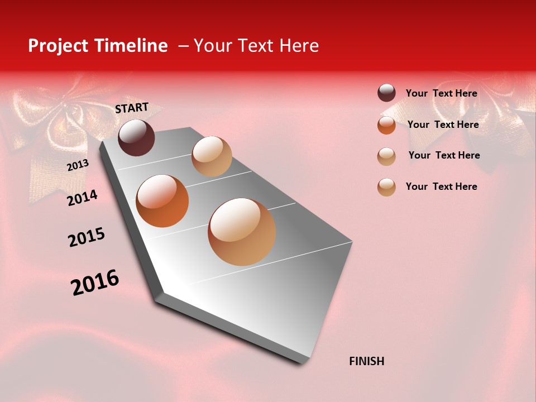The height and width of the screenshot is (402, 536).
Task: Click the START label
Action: click(132, 108)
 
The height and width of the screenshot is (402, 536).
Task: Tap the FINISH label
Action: click(366, 361)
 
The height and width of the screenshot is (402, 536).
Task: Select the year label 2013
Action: click(78, 165)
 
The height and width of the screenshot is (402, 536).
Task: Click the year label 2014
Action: click(82, 198)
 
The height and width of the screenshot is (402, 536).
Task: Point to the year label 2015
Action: click(87, 237)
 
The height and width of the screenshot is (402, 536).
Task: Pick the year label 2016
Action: click(95, 282)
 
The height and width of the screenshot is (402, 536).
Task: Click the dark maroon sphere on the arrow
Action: click(136, 137)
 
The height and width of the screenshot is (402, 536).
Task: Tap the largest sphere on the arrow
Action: click(242, 232)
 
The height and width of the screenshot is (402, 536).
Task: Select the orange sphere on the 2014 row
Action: click(162, 201)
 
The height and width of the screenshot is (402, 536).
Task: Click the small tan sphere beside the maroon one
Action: click(212, 156)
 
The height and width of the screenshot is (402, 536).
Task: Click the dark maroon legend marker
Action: click(386, 93)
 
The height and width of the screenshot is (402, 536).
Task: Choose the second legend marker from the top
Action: click(386, 125)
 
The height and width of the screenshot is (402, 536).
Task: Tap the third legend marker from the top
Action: click(386, 156)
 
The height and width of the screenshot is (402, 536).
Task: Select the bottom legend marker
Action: click(386, 187)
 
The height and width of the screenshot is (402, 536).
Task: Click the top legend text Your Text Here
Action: click(441, 93)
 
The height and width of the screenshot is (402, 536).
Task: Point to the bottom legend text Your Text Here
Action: click(441, 186)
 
